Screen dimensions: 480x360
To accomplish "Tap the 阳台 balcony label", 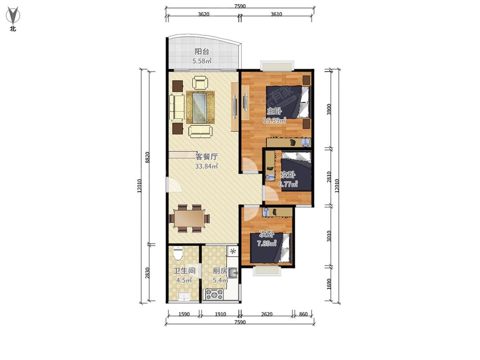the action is point(202,52).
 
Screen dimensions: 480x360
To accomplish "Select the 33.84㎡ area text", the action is point(207,166).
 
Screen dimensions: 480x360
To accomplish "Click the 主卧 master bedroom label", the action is point(274,111).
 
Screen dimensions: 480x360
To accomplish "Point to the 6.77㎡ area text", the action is point(288,184).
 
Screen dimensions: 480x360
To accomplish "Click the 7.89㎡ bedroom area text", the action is point(267,244).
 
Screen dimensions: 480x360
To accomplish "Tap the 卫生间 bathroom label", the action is point(184,270).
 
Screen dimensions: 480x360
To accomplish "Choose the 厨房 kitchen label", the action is point(220,270).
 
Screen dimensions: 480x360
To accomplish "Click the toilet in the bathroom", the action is point(177,253).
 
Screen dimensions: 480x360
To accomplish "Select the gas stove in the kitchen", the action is point(214,294).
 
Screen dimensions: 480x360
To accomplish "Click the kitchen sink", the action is point(233,272).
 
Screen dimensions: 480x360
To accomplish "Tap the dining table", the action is point(189,218).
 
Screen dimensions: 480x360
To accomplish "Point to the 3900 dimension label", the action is point(329,109).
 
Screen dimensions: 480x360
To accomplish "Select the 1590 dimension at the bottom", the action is point(184,314).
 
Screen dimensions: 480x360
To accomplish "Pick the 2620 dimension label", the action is point(267,314).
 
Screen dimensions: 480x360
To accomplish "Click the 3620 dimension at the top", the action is point(204,14).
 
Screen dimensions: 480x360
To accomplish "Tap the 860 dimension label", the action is point(303,314).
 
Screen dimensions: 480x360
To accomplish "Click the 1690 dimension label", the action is point(329,284).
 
